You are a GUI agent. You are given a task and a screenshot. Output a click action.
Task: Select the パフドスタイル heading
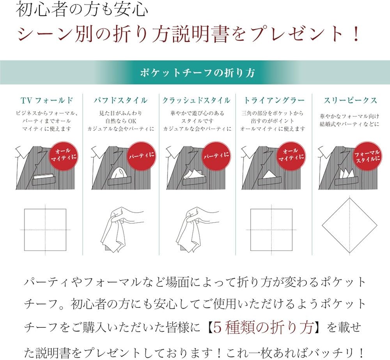[x=121, y=100]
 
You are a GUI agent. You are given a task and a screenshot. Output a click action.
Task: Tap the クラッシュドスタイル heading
[x=196, y=100]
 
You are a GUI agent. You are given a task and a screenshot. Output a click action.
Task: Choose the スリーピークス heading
[x=350, y=100]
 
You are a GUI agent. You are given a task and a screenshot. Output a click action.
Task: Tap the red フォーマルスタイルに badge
[x=366, y=155]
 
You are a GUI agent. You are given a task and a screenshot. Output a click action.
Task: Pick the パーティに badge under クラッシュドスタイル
[x=216, y=155]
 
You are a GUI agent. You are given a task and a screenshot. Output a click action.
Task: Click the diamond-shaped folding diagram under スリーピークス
[x=350, y=225]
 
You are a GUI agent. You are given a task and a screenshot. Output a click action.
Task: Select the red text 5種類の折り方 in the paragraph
[x=261, y=328]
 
